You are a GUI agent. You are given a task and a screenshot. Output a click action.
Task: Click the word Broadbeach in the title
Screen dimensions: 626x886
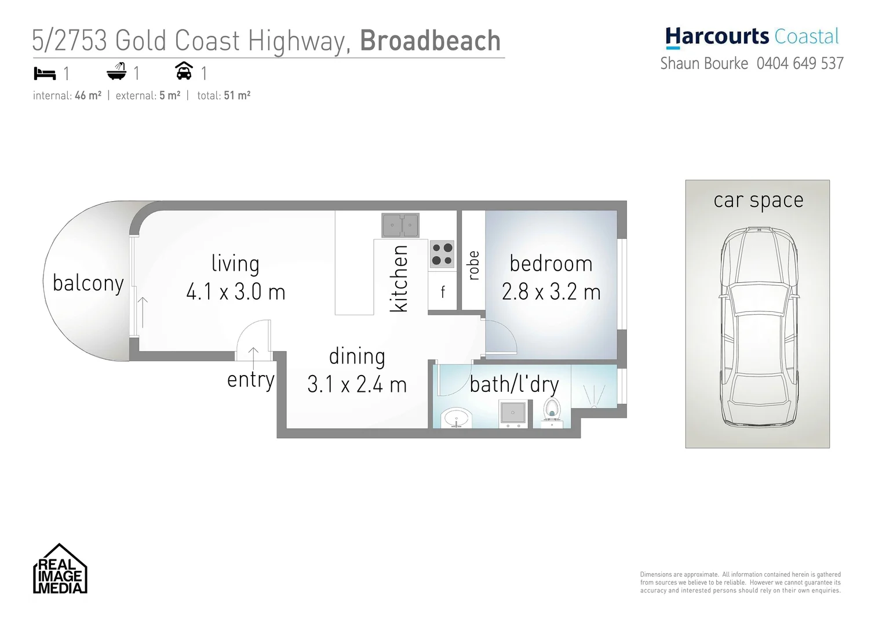point(430,41)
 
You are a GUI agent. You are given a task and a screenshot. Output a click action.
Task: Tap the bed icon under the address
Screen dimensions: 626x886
point(45,74)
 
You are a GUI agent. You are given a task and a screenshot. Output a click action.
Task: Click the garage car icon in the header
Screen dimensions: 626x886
point(184,71)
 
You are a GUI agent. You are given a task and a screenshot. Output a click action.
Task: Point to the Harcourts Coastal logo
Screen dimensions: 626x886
point(752,37)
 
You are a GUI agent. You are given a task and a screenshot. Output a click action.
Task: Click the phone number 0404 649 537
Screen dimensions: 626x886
point(800,63)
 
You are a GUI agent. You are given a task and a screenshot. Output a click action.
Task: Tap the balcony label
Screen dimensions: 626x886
point(88,283)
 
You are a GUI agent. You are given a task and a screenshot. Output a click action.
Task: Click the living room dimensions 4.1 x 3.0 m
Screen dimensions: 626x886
point(236,292)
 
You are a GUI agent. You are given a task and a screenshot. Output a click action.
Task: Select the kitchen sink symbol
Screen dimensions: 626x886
point(400,225)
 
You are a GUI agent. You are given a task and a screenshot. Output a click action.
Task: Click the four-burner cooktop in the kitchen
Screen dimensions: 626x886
point(442,254)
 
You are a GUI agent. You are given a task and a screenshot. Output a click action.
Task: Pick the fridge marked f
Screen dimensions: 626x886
point(443,292)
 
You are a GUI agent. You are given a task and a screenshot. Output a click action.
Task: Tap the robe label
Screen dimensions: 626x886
point(473,265)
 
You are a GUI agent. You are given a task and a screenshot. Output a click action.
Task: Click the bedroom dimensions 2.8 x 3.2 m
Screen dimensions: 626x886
point(551,292)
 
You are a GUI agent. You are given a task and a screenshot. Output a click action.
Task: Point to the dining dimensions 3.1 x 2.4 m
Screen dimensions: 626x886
point(357,384)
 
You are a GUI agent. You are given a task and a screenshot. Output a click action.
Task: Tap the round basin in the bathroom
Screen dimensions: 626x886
point(457,418)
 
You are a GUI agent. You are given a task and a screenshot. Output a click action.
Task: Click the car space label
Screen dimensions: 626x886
point(758,200)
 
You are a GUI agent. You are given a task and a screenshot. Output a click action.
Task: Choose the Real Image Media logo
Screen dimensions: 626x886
point(60,569)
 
